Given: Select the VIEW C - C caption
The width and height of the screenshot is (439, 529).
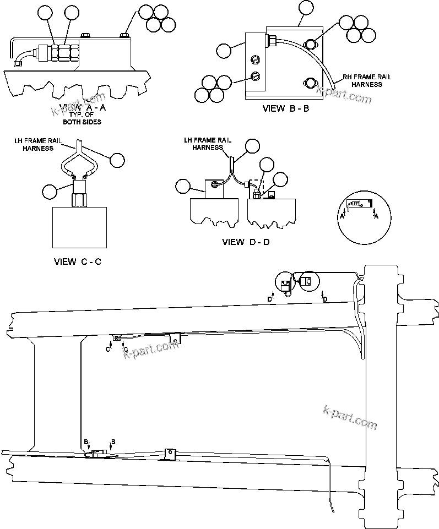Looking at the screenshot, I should point(77,261).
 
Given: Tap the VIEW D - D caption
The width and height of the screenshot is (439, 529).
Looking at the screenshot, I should point(246,242).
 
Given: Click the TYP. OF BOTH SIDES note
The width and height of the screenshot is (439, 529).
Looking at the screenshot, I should point(82,118).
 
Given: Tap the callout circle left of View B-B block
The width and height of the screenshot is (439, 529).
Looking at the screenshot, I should point(224,50).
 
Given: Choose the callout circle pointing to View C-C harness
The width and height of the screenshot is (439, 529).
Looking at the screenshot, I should point(117,160).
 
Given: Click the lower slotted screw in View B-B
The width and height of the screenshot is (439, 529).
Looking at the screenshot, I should point(254,76).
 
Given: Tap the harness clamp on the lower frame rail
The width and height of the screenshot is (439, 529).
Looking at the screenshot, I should point(170,454).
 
